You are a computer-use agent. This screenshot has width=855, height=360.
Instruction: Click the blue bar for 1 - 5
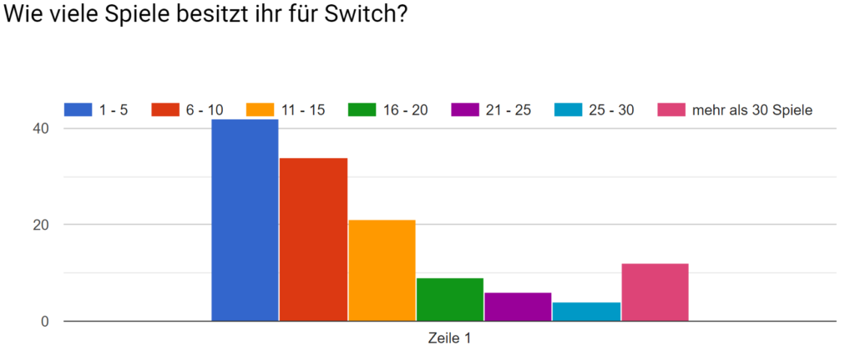point(245,221)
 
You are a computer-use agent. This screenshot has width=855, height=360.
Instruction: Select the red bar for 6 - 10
point(313,240)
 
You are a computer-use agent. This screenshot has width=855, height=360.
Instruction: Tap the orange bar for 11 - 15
point(382,271)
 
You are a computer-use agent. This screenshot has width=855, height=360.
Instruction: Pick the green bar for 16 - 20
point(450,300)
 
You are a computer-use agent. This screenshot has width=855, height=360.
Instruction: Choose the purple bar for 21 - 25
point(518,307)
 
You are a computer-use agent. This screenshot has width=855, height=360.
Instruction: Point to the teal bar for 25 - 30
point(586,312)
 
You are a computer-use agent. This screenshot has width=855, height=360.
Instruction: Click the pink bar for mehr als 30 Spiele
point(655,292)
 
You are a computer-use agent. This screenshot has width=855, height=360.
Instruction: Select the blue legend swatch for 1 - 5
point(78,109)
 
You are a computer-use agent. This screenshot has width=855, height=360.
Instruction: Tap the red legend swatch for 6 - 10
point(164,109)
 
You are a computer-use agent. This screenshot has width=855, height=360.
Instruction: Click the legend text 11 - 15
point(304,109)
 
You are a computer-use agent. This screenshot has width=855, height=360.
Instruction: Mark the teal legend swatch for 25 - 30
point(568,109)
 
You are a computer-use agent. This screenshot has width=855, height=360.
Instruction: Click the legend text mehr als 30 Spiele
point(751,109)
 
